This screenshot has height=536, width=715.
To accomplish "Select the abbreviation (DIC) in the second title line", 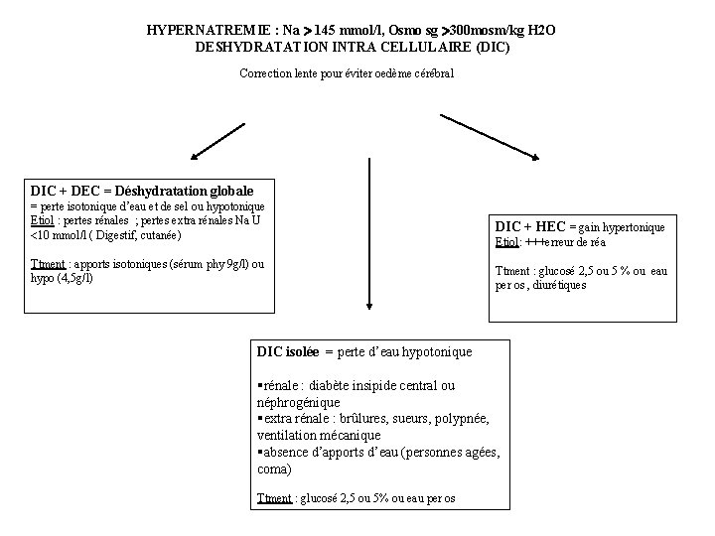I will (492, 47).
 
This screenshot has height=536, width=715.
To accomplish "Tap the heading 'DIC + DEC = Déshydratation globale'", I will (142, 190).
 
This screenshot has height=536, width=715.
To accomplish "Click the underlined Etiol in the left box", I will (43, 220).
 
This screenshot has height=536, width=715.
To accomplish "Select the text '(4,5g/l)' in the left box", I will (70, 279).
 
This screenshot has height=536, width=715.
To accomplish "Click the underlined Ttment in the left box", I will (48, 264).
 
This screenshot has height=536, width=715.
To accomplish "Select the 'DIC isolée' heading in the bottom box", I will (287, 351).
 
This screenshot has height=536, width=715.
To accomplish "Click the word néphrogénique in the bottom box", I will (298, 402).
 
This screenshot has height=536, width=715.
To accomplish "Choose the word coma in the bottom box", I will (273, 469).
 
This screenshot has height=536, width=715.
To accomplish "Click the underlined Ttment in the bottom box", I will (274, 497).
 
